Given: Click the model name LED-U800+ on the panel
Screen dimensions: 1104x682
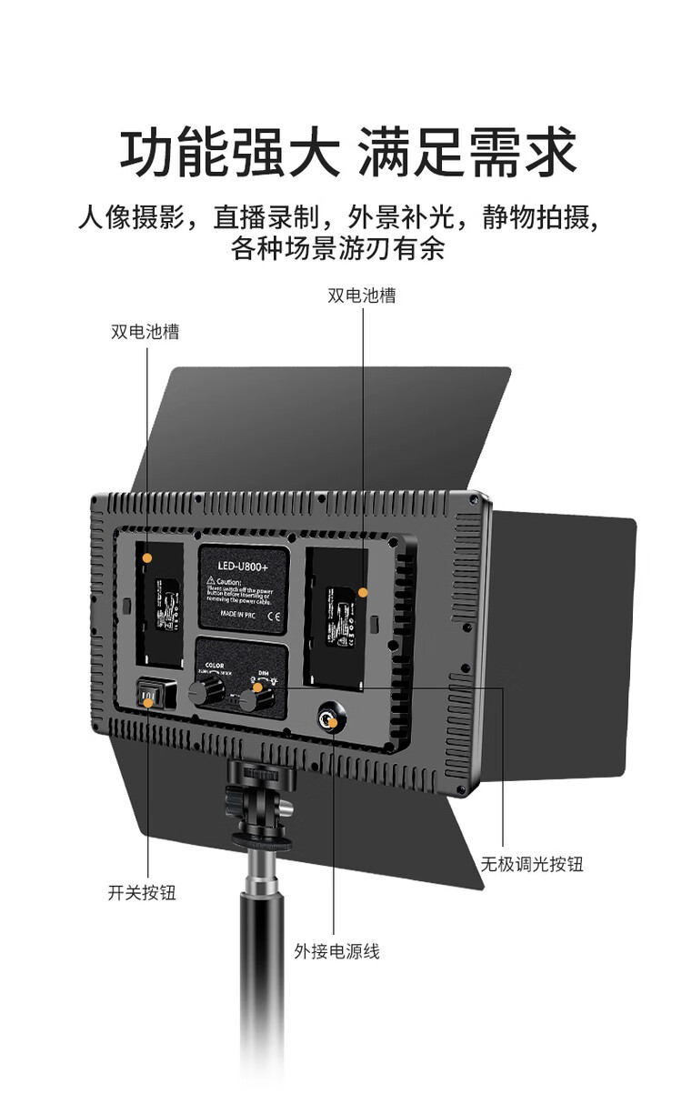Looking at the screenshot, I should point(241,567).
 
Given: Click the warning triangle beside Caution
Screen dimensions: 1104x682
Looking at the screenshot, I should point(210,582).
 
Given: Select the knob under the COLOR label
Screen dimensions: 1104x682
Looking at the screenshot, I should point(201,692).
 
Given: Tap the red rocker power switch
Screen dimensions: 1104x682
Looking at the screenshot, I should point(149,698).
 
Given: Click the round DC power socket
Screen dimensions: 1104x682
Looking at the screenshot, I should point(327,721).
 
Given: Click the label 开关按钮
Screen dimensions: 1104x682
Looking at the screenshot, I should point(142,892).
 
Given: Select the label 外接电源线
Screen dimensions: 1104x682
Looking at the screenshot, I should point(336,951).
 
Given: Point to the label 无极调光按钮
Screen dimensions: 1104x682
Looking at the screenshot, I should point(532,864).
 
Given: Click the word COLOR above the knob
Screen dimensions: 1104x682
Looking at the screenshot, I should point(215,665).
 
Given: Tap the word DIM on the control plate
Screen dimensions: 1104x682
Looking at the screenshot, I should point(263,674).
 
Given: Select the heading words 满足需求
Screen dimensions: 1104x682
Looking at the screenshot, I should point(467,152).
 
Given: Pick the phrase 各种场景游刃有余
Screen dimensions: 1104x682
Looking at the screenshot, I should point(338,248).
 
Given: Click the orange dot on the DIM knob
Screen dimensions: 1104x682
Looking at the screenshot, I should point(258,688).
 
